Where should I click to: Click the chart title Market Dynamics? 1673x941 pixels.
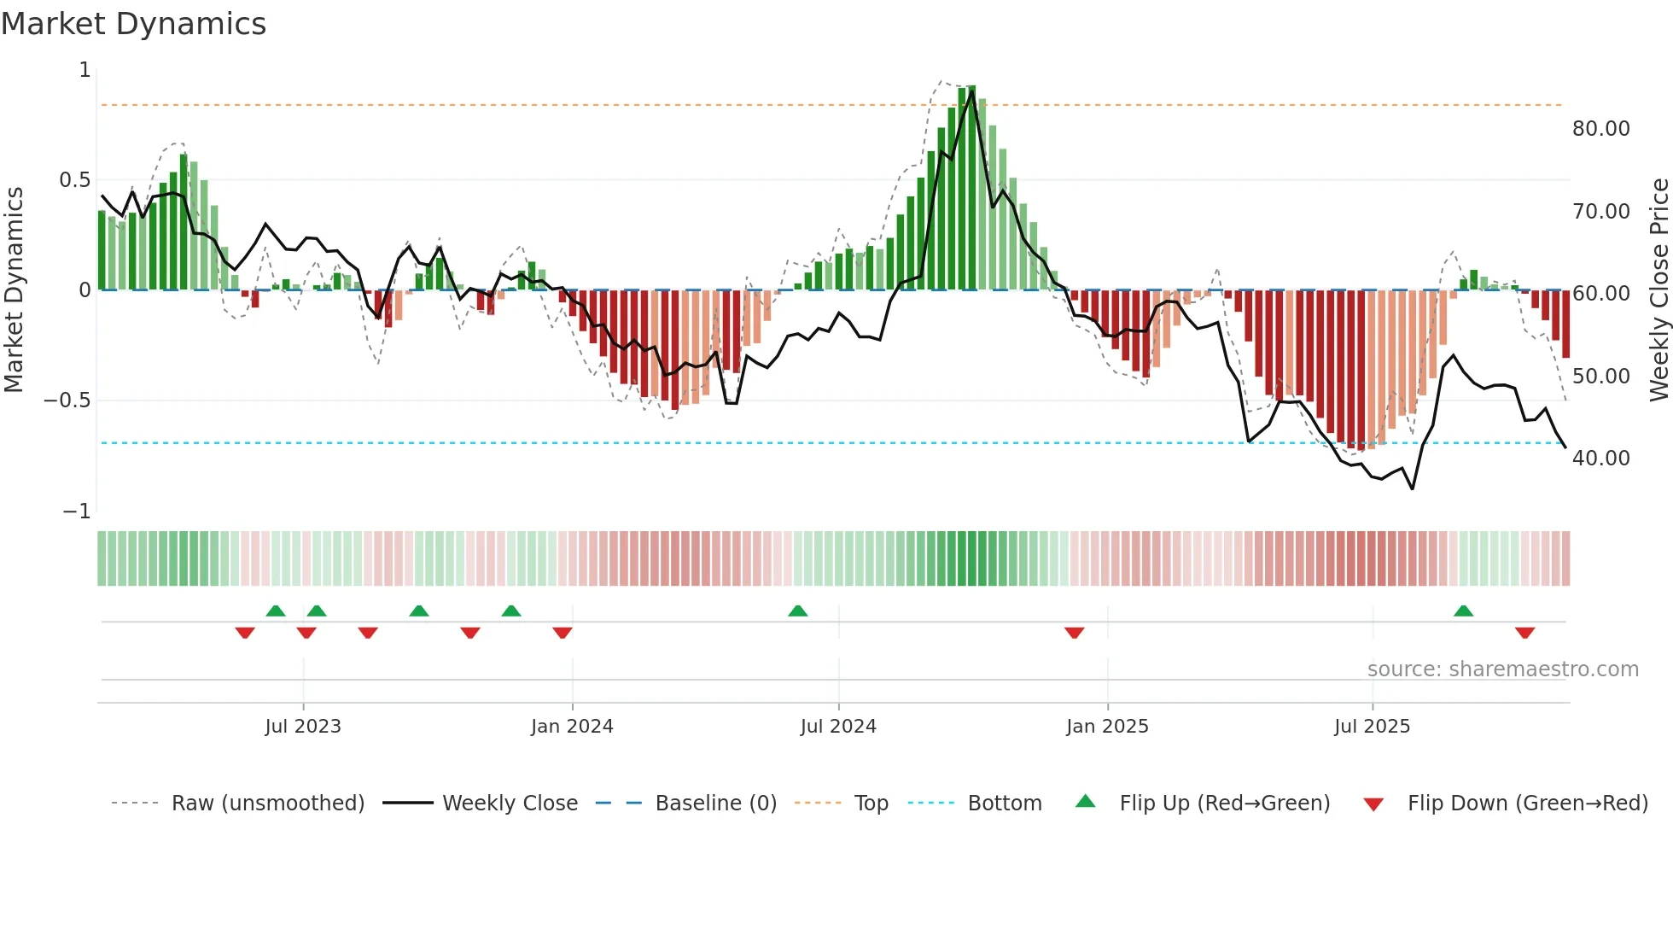click(133, 24)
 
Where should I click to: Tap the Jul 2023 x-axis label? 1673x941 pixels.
click(302, 727)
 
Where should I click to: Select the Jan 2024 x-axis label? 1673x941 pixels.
click(572, 727)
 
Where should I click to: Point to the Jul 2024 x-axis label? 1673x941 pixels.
click(838, 727)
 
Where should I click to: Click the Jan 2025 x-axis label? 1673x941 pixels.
click(1107, 727)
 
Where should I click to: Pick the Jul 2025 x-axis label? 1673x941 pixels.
click(1372, 727)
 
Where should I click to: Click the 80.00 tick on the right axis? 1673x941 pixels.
click(1600, 129)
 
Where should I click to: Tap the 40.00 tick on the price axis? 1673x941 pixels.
click(1600, 459)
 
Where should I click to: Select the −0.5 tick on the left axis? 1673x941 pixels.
click(67, 400)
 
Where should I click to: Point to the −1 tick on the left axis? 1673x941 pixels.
click(76, 511)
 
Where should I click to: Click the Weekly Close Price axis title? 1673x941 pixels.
click(1658, 289)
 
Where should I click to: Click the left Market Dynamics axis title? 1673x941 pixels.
click(14, 289)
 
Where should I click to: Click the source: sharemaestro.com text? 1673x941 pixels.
click(1502, 669)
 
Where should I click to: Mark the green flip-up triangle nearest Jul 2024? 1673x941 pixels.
click(797, 611)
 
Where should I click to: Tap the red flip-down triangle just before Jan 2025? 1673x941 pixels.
click(1074, 633)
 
